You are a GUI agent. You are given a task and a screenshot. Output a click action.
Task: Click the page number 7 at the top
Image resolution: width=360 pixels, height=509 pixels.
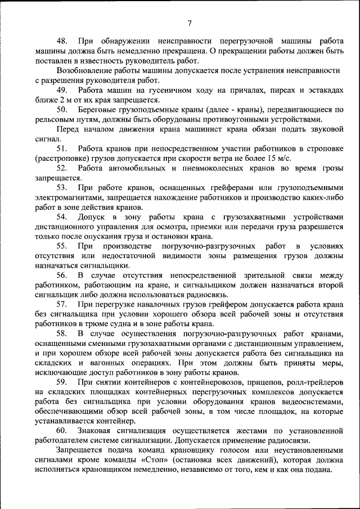[x=189, y=23]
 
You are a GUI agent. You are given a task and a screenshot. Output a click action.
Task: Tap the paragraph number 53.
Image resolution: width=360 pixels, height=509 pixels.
[x=62, y=187]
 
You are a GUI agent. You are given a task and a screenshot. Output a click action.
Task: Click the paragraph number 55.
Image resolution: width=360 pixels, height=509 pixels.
[x=62, y=246]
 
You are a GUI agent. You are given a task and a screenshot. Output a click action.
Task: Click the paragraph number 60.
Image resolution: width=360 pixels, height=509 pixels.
[x=62, y=430]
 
